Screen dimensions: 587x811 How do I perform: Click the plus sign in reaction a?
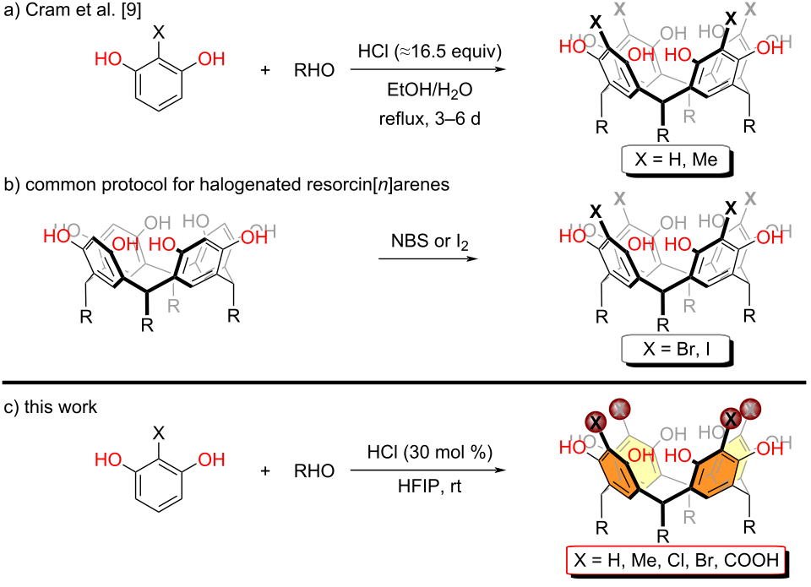tap(266, 68)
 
